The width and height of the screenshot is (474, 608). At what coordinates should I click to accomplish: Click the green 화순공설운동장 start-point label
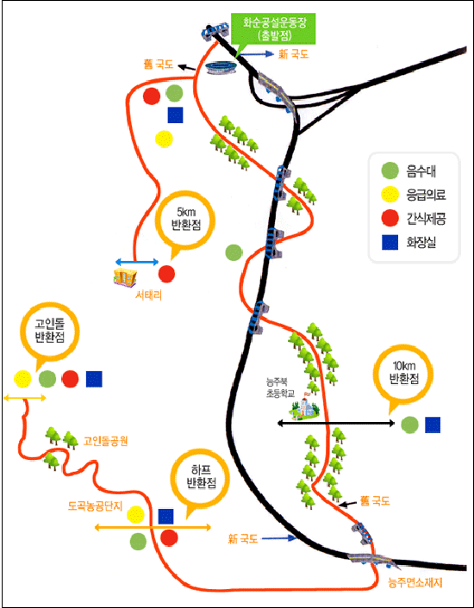275,29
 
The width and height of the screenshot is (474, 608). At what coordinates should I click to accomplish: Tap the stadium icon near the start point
221,68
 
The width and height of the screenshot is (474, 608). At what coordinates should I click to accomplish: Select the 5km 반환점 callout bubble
185,223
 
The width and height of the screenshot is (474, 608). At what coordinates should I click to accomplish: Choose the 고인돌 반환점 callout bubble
50,332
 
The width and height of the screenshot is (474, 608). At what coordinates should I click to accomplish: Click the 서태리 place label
148,295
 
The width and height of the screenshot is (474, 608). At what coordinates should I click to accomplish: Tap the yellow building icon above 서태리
125,277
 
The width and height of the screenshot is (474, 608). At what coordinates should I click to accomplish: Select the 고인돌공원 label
105,441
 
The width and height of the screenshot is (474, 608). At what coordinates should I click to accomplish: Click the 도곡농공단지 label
96,506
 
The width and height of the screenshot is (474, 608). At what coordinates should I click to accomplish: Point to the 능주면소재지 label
415,583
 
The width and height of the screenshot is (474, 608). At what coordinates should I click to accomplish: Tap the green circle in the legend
390,171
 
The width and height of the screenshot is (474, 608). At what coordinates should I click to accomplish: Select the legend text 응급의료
426,195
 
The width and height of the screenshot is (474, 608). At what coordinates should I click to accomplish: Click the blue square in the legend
390,243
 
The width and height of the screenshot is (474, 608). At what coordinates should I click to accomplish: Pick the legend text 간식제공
426,219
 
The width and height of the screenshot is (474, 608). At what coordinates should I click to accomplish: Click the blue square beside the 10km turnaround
433,425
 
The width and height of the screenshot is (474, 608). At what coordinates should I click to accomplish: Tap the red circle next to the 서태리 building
166,274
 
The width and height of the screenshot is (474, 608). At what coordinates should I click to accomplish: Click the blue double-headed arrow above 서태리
137,263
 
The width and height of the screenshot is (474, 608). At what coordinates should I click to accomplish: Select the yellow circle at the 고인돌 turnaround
22,379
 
